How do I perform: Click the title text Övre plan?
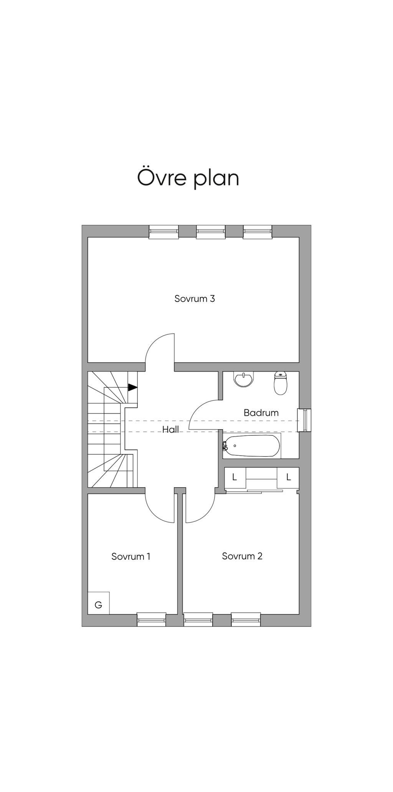click(x=188, y=178)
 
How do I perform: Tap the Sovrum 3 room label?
click(x=195, y=299)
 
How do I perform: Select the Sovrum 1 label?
click(x=131, y=556)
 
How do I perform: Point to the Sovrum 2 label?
click(x=242, y=556)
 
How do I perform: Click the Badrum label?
click(x=261, y=413)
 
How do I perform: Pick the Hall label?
click(x=170, y=430)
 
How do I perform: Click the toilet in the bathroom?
click(x=281, y=383)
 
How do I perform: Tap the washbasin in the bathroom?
click(x=244, y=379)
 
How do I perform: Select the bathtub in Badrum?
click(x=252, y=446)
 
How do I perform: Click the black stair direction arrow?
click(x=133, y=387)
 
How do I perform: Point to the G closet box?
click(x=99, y=603)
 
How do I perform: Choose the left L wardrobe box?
click(x=234, y=478)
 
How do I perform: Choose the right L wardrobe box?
click(x=289, y=478)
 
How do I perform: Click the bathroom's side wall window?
click(x=305, y=420)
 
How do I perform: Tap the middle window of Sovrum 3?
click(x=211, y=231)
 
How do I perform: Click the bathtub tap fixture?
click(x=225, y=446)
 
